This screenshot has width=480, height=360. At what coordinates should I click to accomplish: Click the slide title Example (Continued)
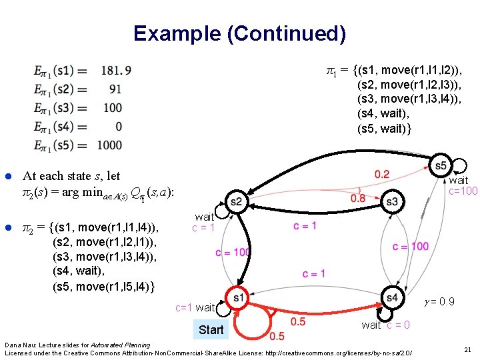click(239, 33)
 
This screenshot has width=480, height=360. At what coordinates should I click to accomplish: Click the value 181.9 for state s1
click(117, 69)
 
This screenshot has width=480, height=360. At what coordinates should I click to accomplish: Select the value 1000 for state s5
click(109, 145)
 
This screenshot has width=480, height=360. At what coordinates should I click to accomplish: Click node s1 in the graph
click(238, 297)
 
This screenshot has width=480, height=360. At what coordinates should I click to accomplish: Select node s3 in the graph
click(392, 201)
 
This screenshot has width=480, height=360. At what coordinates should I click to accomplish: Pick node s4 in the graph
click(392, 297)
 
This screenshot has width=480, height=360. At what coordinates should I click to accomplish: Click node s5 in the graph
click(440, 165)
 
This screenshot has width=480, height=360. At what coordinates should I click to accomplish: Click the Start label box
click(211, 329)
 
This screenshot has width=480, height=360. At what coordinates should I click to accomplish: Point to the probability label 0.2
click(382, 175)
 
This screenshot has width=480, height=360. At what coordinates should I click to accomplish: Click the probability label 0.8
click(358, 198)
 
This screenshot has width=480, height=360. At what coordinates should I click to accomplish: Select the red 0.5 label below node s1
click(277, 335)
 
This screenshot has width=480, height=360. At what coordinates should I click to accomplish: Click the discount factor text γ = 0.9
click(439, 302)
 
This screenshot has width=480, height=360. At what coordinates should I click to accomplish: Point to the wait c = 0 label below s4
click(385, 325)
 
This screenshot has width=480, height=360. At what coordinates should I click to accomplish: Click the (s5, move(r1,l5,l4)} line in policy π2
click(103, 287)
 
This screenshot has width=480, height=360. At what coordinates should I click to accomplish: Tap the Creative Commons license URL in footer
click(325, 351)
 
